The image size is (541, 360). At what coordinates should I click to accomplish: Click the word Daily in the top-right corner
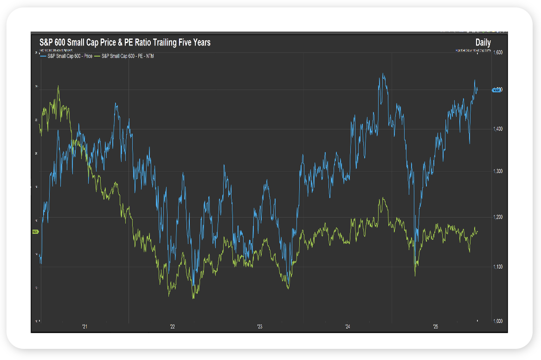pos(483,43)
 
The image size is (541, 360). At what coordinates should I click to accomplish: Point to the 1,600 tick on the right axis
pos(497,53)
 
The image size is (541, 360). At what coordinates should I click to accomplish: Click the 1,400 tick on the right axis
pos(497,129)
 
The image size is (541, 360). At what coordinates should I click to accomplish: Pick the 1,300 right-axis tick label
pos(497,172)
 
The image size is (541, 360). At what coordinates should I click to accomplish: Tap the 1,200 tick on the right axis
pos(497,217)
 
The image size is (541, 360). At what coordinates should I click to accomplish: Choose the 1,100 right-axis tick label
pos(497,267)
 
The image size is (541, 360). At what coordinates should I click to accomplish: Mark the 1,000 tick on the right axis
pos(497,321)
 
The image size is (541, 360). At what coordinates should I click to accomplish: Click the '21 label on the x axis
pos(84,327)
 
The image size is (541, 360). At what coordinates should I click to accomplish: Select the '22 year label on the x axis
pos(172,327)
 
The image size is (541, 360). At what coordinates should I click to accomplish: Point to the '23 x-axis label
pos(260,327)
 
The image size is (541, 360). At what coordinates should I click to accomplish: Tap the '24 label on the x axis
pos(348,327)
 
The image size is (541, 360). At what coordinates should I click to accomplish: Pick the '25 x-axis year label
pos(435,327)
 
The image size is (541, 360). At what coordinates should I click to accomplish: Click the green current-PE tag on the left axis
pos(35,231)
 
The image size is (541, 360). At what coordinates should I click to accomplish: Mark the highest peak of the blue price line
pos(383,73)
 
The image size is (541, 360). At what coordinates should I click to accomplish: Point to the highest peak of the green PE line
pos(58,86)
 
